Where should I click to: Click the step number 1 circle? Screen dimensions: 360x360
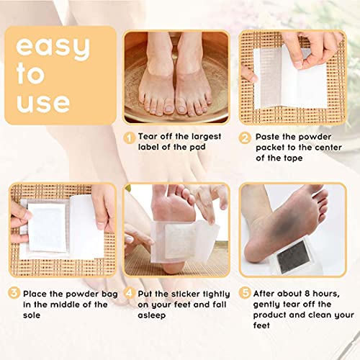coord(129,137)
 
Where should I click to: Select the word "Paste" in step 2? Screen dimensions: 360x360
coord(267,137)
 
